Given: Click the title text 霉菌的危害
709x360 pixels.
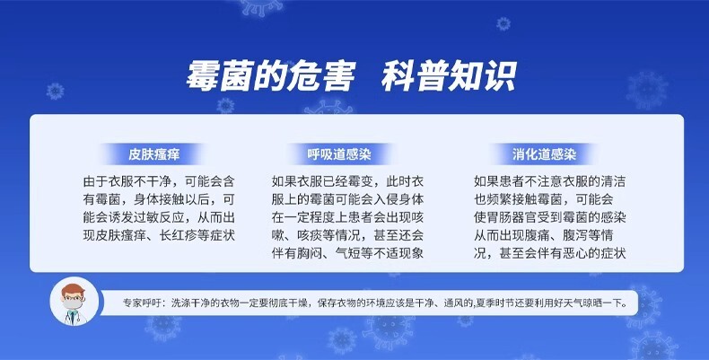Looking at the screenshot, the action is [x=271, y=76].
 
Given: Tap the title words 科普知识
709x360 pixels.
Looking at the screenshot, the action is [x=449, y=76].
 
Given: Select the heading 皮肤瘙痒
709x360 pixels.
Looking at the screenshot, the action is [x=154, y=154].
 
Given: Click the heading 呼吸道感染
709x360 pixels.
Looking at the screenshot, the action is [x=339, y=154].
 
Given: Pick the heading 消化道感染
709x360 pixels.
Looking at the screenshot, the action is [x=544, y=154].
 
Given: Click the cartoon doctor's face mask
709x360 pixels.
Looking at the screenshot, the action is [x=73, y=304].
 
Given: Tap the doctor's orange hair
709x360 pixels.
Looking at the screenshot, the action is [x=74, y=289].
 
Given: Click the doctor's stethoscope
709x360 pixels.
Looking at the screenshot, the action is [x=71, y=317].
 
